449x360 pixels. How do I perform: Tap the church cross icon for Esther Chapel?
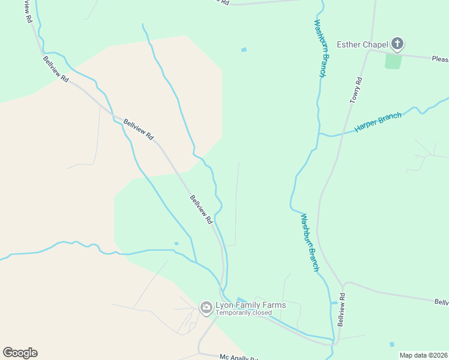pyautogui.click(x=397, y=43)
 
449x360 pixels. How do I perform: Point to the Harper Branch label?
pyautogui.click(x=378, y=122)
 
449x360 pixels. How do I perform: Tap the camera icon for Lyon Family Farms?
pyautogui.click(x=206, y=308)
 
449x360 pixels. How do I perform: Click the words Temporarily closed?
pyautogui.click(x=244, y=313)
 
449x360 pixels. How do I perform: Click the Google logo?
pyautogui.click(x=20, y=353)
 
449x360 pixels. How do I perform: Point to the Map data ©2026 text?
pyautogui.click(x=423, y=355)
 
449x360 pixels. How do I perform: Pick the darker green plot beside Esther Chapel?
pyautogui.click(x=393, y=61)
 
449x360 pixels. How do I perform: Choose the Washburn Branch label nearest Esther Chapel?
pyautogui.click(x=321, y=48)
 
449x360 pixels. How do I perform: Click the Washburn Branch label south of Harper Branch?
pyautogui.click(x=309, y=242)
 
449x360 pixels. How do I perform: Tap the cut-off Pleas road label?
pyautogui.click(x=440, y=59)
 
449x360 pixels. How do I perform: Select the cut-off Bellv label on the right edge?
pyautogui.click(x=441, y=302)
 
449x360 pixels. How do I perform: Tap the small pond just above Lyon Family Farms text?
pyautogui.click(x=241, y=299)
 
